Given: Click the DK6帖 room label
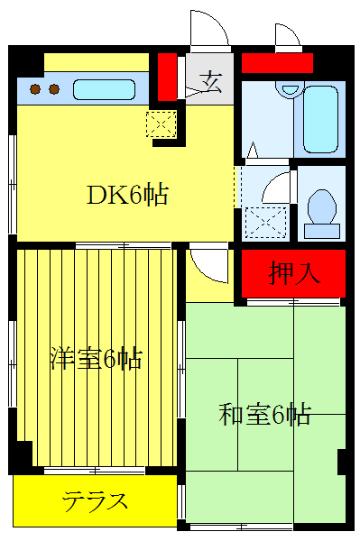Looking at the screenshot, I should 127,195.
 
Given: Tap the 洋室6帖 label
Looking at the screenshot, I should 95,359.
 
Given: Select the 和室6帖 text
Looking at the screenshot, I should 265,415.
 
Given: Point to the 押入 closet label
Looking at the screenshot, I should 294,274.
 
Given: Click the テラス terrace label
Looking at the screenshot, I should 94,501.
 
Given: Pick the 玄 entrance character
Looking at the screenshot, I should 211,82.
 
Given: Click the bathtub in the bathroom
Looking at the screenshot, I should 321,118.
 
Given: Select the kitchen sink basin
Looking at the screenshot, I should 104,90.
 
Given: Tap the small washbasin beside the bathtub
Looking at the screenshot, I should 289,89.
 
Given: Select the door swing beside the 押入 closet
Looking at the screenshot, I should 210,264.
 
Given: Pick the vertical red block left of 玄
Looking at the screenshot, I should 167,78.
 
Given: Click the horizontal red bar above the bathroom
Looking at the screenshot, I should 277,63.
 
